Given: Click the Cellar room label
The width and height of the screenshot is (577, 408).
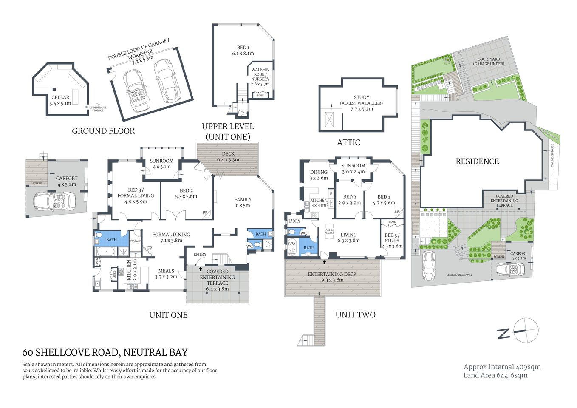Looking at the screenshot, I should (x=60, y=100).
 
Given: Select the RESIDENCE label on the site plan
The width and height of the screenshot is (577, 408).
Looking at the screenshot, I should (x=477, y=161).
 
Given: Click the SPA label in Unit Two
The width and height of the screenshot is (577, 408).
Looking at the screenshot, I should (x=292, y=244).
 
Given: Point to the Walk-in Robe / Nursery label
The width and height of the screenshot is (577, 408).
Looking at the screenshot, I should (x=260, y=76).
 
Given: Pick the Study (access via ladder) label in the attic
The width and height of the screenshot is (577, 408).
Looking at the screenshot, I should (x=362, y=103).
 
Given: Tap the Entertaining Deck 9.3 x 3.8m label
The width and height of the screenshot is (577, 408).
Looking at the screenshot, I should (x=332, y=277).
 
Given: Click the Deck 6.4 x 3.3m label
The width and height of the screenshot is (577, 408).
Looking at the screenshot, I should (x=228, y=156).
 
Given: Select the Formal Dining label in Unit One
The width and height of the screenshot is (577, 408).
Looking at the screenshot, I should (x=171, y=237).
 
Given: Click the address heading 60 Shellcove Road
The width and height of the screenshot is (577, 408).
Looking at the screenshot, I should (x=105, y=352).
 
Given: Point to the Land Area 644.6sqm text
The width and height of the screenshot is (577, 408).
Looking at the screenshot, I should (x=495, y=375).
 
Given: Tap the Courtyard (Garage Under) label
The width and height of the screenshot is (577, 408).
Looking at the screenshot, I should (x=489, y=62).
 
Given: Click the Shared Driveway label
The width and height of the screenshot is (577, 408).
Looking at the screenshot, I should (x=459, y=275).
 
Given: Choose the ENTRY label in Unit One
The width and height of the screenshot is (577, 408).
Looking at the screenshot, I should (x=200, y=255).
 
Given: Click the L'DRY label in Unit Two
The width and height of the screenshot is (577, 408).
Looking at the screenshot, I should (x=294, y=221).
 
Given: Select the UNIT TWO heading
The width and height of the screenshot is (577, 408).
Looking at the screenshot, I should (x=355, y=314).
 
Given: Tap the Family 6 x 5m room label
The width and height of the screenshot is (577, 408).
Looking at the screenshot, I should (x=243, y=202).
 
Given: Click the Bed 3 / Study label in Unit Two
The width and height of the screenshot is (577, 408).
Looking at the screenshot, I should (x=392, y=240).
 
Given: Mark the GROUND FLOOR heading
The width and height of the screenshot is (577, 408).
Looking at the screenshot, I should (x=103, y=131).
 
